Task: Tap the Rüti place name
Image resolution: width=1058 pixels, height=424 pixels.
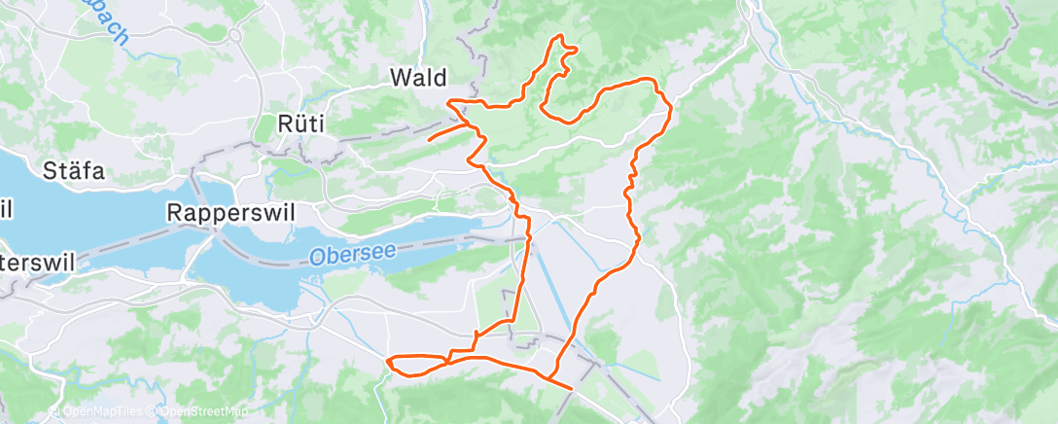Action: pos(301,124)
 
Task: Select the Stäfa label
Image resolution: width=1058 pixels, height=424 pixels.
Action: pos(73,172)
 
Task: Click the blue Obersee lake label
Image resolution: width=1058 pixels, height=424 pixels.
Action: pos(353,255)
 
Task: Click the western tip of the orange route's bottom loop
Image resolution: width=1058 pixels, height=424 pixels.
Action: pos(389,363)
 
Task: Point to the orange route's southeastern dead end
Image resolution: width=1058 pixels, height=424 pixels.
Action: pos(571,387)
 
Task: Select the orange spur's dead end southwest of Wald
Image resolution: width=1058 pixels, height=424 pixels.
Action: pos(429,140)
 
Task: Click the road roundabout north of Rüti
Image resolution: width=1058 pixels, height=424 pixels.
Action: pos(235,36)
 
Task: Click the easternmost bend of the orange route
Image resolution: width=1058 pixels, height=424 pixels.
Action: pos(671,109)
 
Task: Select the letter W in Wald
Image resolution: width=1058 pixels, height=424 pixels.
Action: pos(399,77)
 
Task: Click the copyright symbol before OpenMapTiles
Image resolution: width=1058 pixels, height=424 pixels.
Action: pos(54,413)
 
